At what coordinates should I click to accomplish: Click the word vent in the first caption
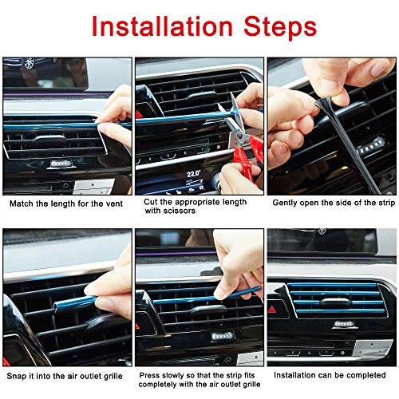tap(115, 203)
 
